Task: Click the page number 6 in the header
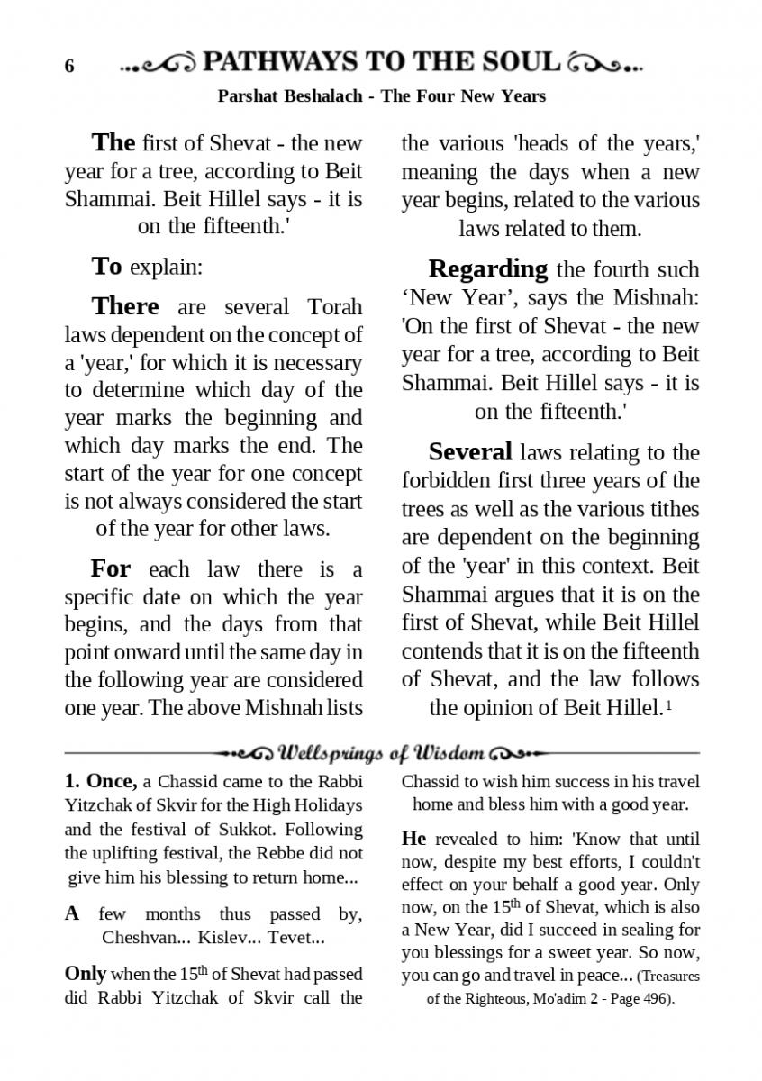pyautogui.click(x=69, y=67)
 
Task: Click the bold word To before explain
pyautogui.click(x=106, y=267)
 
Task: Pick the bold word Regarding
pyautogui.click(x=487, y=268)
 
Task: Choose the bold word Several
pyautogui.click(x=470, y=451)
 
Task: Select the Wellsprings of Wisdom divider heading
pyautogui.click(x=383, y=752)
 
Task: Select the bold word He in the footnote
pyautogui.click(x=413, y=838)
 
